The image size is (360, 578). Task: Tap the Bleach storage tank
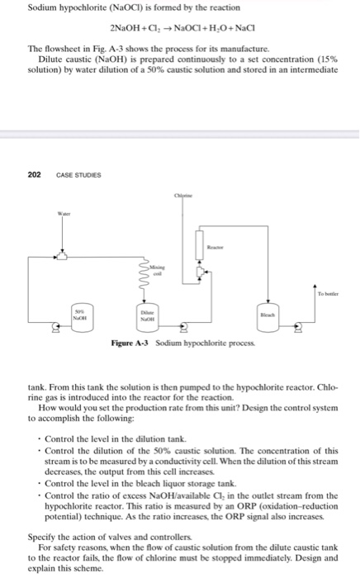click(288, 316)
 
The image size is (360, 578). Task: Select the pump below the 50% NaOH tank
click(57, 333)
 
